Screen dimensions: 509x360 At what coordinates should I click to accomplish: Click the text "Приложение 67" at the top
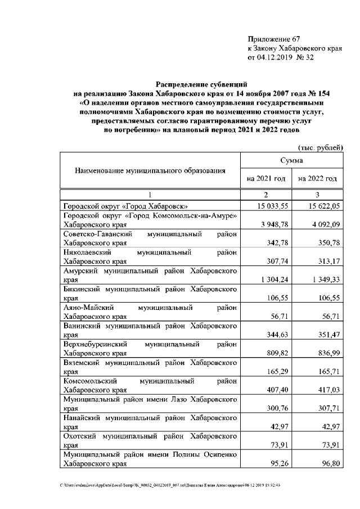(x=274, y=39)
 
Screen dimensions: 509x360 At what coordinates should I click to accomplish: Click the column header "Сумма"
(x=292, y=161)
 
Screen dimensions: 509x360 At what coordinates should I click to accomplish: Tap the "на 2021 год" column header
(x=266, y=179)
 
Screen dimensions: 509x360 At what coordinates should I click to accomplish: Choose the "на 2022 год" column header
(x=318, y=179)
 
